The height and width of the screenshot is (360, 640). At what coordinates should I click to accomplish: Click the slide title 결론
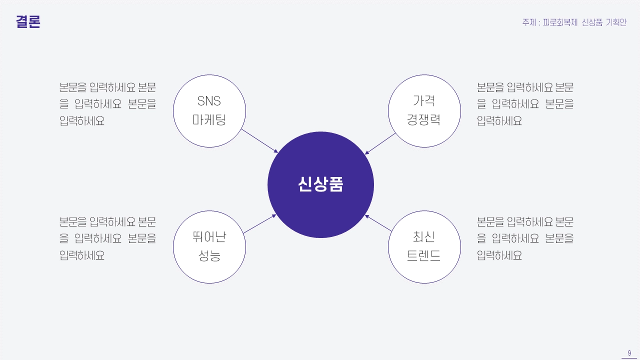(28, 21)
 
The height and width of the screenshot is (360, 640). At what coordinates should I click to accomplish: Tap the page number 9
(629, 352)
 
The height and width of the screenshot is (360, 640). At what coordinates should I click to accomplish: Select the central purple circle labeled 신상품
(320, 184)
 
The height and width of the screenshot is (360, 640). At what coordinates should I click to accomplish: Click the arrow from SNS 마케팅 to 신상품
(259, 141)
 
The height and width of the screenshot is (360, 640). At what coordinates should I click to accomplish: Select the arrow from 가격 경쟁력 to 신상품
(380, 143)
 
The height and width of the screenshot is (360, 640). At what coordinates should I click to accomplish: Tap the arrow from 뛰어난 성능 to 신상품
(259, 224)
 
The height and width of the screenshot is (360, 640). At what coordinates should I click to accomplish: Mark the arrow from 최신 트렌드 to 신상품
(378, 223)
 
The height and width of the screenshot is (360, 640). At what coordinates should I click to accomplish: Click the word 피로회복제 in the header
(560, 22)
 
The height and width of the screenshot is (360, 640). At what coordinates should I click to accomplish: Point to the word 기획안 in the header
(616, 22)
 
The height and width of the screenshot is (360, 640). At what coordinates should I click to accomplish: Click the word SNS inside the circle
(209, 101)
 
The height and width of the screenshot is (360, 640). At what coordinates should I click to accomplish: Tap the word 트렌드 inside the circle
(423, 255)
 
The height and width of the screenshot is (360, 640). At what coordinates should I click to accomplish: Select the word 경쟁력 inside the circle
(423, 119)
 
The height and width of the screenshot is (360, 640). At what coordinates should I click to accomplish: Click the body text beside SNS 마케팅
(107, 104)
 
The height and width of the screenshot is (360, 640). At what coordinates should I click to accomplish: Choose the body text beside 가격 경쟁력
(525, 104)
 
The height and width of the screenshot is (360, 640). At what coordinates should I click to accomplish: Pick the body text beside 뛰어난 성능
(107, 238)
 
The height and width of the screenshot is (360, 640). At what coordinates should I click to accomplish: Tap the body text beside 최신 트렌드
(525, 238)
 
